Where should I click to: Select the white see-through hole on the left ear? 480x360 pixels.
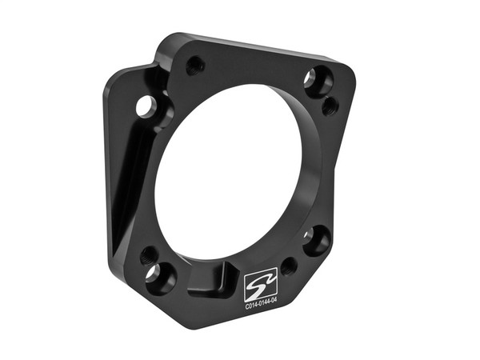144,105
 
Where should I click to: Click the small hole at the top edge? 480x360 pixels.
194,65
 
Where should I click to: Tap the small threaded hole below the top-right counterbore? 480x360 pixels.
330,106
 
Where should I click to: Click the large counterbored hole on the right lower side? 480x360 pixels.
317,239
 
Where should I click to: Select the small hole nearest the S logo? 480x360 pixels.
289,266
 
